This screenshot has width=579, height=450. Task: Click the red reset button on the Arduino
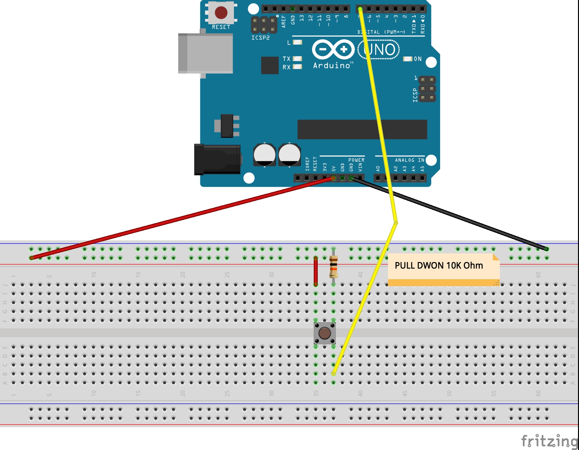[221, 13]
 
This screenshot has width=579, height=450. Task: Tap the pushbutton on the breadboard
[325, 333]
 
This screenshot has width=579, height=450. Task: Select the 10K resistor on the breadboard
[334, 267]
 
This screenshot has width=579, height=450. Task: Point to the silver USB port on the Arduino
[205, 53]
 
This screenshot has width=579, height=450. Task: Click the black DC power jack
[217, 160]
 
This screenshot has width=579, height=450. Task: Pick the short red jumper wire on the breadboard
[316, 271]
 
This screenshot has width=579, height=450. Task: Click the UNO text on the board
[379, 50]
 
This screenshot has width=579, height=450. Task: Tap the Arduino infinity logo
[333, 50]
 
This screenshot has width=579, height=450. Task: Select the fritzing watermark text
[549, 441]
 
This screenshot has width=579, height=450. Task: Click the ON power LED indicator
[408, 59]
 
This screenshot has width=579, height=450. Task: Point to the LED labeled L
[298, 42]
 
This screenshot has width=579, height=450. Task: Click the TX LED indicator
[297, 58]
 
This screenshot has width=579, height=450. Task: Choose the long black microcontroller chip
[362, 130]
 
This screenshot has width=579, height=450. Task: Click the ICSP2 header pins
[264, 25]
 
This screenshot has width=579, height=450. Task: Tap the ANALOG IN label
[409, 160]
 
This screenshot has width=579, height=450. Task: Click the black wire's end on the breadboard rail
[546, 249]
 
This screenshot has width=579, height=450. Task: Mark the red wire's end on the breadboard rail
[32, 258]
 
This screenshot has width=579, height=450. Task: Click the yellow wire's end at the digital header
[360, 9]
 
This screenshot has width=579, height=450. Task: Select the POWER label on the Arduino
[356, 160]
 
